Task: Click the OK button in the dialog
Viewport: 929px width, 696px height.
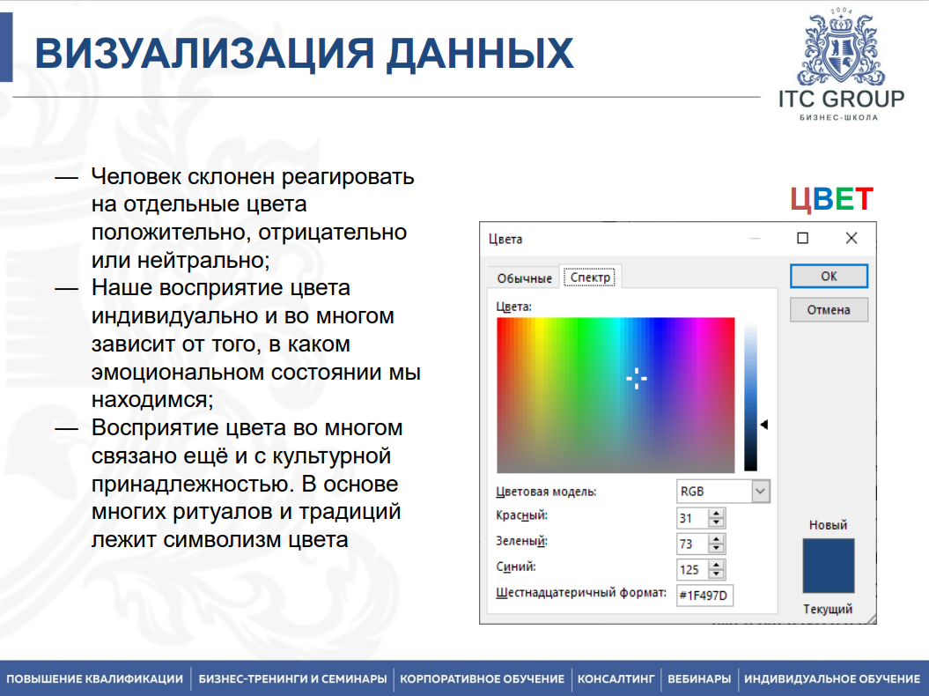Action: click(829, 276)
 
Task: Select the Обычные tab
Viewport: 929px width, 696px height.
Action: click(524, 278)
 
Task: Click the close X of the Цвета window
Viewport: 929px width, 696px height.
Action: click(851, 238)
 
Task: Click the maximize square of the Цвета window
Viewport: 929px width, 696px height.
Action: click(802, 238)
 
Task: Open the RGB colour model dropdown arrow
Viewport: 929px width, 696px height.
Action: click(761, 491)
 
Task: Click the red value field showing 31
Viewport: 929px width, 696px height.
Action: click(692, 517)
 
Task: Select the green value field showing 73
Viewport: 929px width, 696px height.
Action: click(692, 543)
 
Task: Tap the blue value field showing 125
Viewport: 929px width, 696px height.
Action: click(692, 569)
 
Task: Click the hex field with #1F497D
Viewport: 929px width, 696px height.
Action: click(704, 596)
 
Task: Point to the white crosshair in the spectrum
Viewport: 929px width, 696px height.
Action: click(637, 378)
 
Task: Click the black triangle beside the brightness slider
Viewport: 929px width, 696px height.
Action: click(764, 425)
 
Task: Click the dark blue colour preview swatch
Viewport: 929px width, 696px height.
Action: click(829, 566)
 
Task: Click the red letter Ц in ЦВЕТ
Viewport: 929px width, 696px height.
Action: click(800, 200)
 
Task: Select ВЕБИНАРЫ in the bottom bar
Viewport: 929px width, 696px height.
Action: click(698, 679)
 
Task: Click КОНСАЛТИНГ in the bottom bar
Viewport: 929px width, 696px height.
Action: click(616, 679)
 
